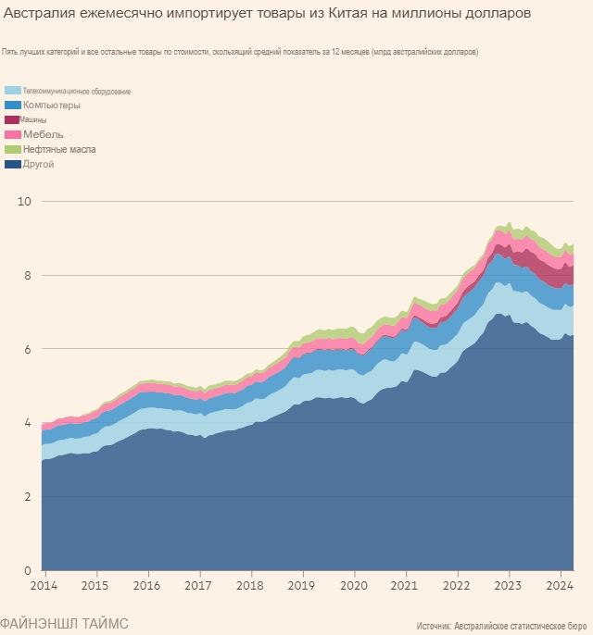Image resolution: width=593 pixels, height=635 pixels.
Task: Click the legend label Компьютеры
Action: [x=52, y=106]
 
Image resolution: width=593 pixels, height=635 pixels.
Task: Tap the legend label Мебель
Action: [x=44, y=135]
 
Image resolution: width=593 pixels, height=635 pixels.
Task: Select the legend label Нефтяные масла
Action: [x=59, y=149]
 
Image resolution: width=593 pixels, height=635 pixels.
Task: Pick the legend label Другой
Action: [x=38, y=164]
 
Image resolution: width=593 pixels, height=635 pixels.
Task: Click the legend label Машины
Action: [x=34, y=120]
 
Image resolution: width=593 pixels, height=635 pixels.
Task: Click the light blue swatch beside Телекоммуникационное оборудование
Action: [x=13, y=91]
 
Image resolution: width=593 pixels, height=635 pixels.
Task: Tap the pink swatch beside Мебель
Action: [x=13, y=135]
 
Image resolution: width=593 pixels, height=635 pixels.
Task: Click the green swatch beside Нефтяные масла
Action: [x=13, y=149]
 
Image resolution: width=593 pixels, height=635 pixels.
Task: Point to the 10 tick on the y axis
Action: [x=25, y=201]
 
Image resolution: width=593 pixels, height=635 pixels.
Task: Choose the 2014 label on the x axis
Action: [x=43, y=586]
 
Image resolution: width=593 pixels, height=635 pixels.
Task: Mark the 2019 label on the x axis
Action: [x=301, y=586]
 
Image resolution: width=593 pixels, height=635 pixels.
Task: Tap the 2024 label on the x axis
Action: [x=558, y=586]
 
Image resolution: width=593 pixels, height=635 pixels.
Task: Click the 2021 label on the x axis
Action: [x=404, y=586]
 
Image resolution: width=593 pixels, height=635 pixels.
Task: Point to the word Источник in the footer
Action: [x=437, y=626]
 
